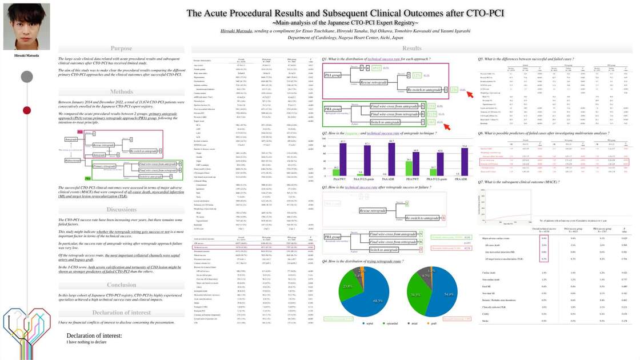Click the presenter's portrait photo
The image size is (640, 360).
tap(23, 26)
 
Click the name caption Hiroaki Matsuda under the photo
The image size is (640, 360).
tap(23, 55)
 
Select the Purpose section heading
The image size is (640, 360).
tap(121, 49)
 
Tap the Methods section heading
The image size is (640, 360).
tap(121, 91)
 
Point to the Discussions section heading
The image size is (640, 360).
tap(121, 209)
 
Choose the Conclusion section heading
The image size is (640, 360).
tap(121, 285)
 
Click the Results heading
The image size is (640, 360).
tap(412, 49)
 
